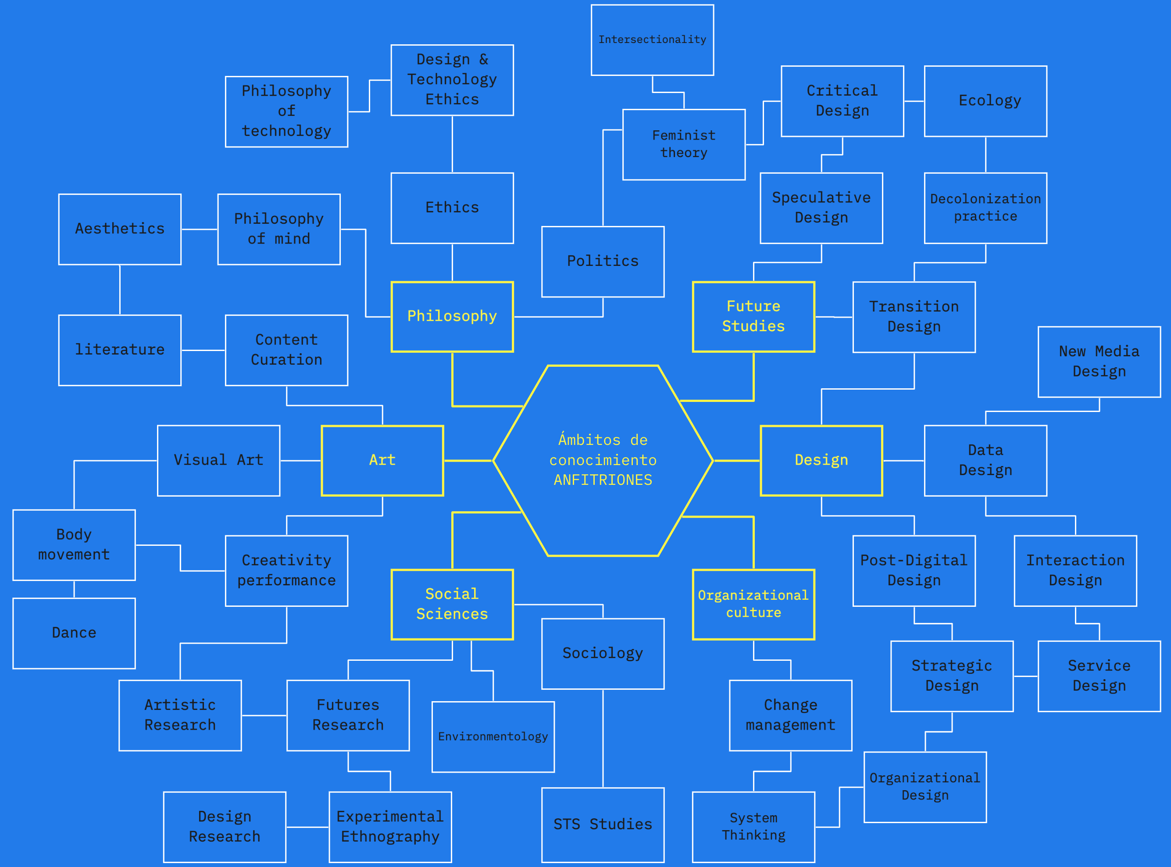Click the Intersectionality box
[652, 40]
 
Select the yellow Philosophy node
[452, 316]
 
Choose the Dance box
[74, 633]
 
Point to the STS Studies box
[603, 824]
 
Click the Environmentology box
[493, 737]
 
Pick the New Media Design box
[1099, 362]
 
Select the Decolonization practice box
[985, 208]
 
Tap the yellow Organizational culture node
[753, 604]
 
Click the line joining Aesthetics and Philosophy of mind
[200, 229]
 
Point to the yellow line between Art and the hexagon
[468, 461]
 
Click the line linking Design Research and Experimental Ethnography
[307, 827]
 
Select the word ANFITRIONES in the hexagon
[603, 480]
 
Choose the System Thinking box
[753, 827]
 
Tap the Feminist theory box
[684, 144]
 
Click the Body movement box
[74, 545]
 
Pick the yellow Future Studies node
[753, 316]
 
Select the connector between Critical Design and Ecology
[914, 101]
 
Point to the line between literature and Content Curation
[203, 350]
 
